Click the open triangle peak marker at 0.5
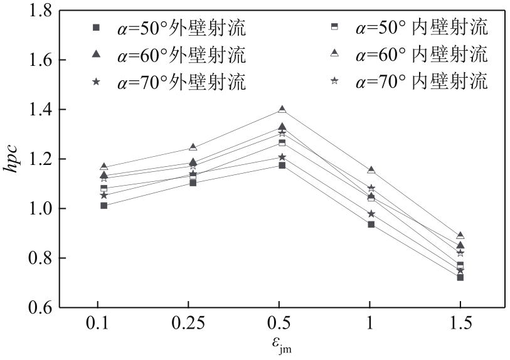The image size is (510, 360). [x=282, y=110]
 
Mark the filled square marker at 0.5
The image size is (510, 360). [x=282, y=166]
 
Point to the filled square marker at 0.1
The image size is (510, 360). [x=104, y=206]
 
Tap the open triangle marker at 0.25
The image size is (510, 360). [x=193, y=147]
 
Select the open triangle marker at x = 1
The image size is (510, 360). [x=371, y=170]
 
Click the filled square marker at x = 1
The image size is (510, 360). [x=371, y=225]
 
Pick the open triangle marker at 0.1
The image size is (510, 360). [x=104, y=167]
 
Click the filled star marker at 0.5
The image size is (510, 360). [x=282, y=157]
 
